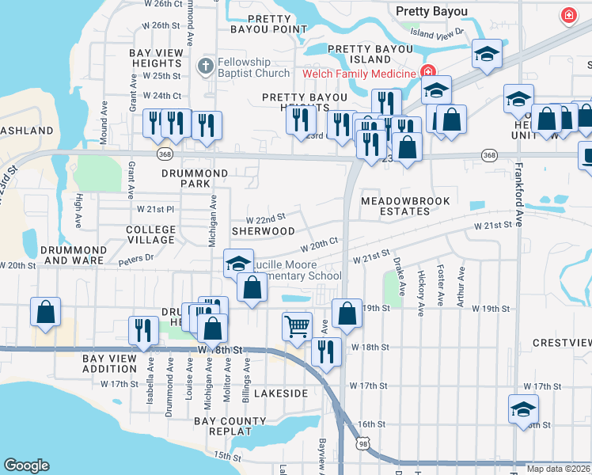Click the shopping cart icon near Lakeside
[x=297, y=325]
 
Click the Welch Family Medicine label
[x=359, y=74]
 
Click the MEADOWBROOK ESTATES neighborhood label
[x=395, y=207]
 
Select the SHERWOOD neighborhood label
[x=263, y=231]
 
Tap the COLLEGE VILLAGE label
[x=150, y=234]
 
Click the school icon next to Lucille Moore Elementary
[x=237, y=264]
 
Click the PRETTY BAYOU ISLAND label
[x=370, y=54]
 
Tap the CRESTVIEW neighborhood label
[x=562, y=343]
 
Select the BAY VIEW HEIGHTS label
[x=156, y=58]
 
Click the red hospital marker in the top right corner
[x=567, y=15]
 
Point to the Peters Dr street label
[x=135, y=257]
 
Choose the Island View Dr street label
[x=437, y=34]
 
